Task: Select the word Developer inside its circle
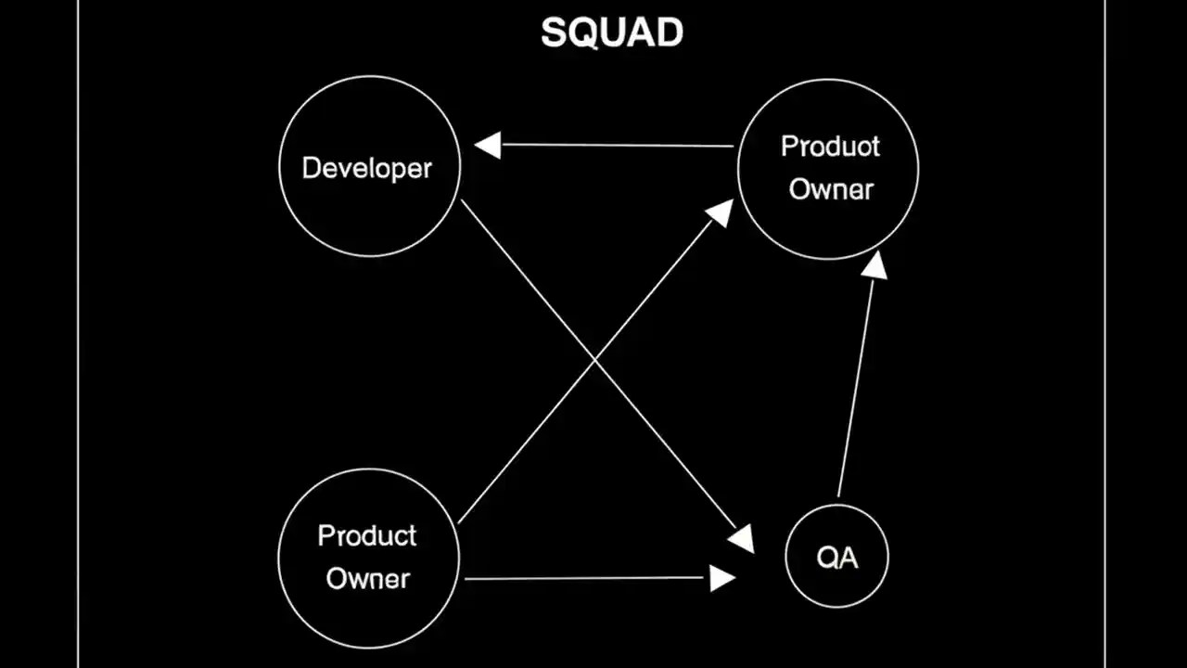tap(367, 168)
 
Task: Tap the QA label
tap(836, 558)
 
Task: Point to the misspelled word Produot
tap(830, 147)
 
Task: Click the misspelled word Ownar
tap(831, 189)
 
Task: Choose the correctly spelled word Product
tap(367, 535)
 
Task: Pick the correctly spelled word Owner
tap(368, 578)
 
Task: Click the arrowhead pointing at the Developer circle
tap(488, 145)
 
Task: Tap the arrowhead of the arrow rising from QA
tap(874, 264)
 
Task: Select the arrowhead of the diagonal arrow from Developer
tap(741, 539)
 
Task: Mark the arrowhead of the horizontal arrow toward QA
tap(721, 578)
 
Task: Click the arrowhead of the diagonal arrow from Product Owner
tap(720, 212)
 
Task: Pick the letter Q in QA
tap(827, 558)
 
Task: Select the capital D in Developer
tap(311, 168)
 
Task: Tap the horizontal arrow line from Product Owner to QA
tap(584, 578)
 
